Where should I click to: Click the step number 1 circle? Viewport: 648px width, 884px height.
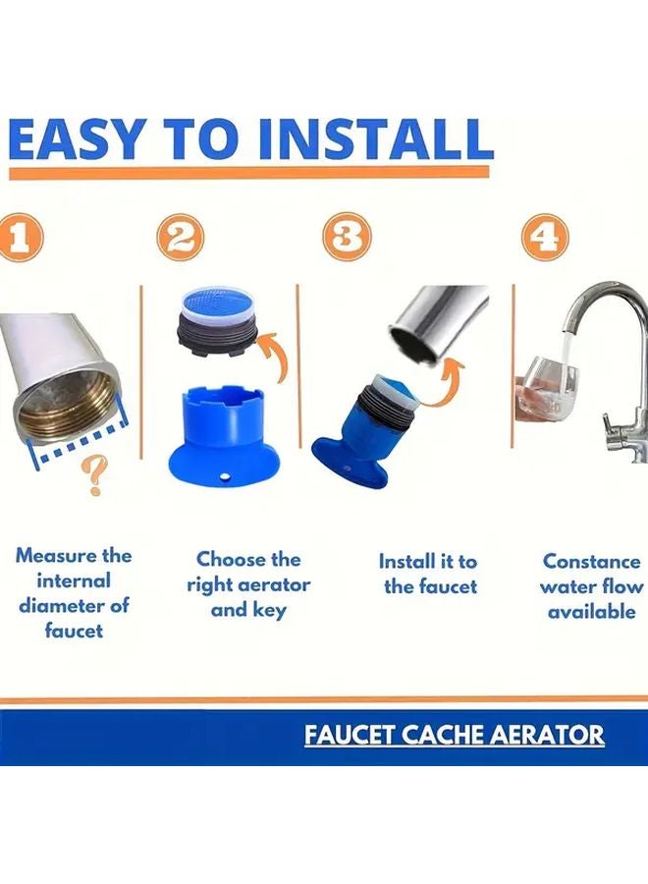pyautogui.click(x=18, y=240)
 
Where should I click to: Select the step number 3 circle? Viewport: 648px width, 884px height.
pyautogui.click(x=348, y=240)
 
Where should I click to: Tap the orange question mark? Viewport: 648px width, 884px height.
pyautogui.click(x=96, y=476)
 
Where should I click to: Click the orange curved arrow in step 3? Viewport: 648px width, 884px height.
pyautogui.click(x=450, y=378)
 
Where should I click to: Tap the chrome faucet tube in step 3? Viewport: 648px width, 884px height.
pyautogui.click(x=437, y=319)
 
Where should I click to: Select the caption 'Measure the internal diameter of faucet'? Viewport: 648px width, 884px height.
pyautogui.click(x=74, y=592)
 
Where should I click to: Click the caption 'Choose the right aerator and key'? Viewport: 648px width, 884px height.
pyautogui.click(x=248, y=584)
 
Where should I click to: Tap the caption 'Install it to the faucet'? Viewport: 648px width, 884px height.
pyautogui.click(x=428, y=574)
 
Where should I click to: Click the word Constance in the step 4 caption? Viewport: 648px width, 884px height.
pyautogui.click(x=592, y=561)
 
